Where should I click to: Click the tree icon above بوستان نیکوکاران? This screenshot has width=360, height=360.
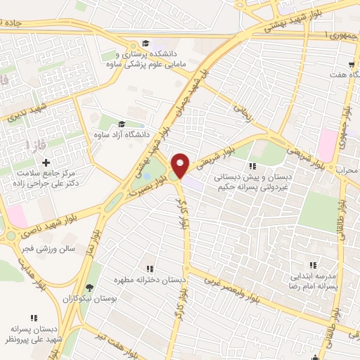pos(89,288)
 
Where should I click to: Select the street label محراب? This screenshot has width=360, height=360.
pos(347,170)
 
